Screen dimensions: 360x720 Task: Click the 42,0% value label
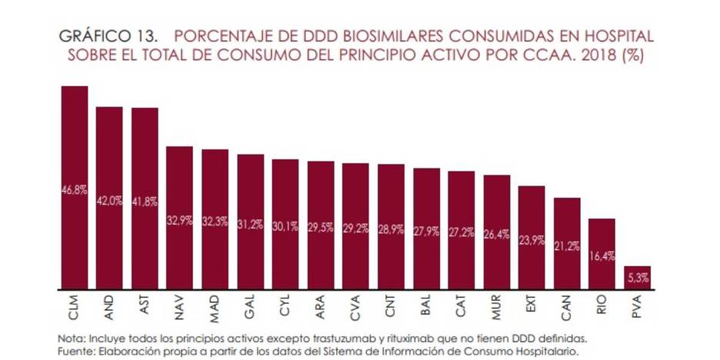coord(109,201)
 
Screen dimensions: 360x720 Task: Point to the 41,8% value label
coord(145,202)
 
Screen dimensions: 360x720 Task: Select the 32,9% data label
coord(180,221)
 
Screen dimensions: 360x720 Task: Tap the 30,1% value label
coord(285,225)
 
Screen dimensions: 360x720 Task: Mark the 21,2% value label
coord(567,246)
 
